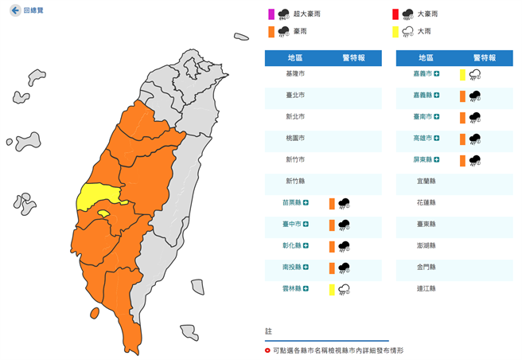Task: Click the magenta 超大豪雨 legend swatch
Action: pos(271,14)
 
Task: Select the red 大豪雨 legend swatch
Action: pos(395,14)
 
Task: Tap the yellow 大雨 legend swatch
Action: pos(395,31)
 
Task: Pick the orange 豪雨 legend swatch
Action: pos(271,31)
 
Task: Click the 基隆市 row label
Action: pos(294,73)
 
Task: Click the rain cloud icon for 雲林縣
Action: pos(345,289)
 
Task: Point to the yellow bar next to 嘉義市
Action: pos(462,75)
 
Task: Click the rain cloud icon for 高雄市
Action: pos(474,139)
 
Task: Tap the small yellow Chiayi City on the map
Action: pos(103,213)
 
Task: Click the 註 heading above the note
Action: pos(268,330)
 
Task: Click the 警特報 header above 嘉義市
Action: pos(484,57)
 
